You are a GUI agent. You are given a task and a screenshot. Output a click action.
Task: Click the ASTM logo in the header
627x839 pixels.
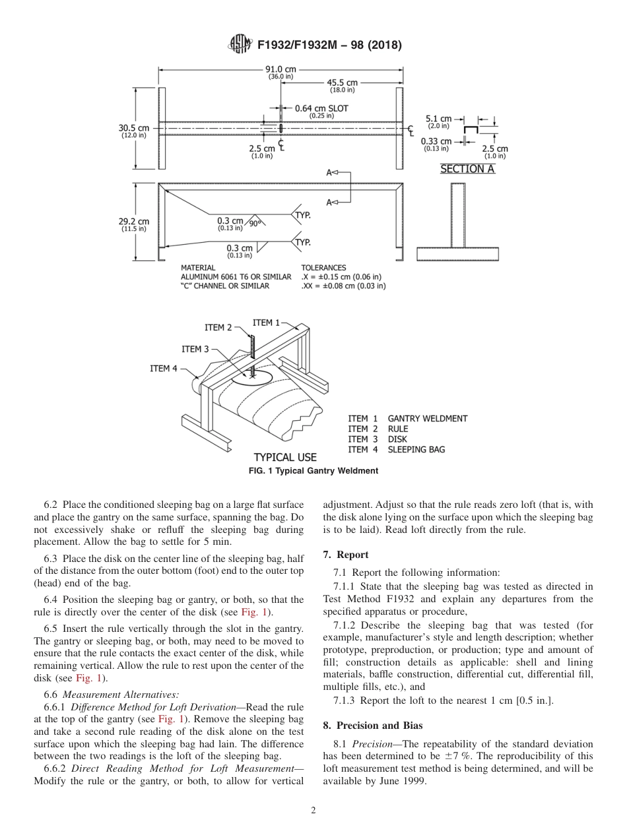point(240,44)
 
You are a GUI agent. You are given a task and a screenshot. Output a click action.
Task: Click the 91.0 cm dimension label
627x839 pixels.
point(280,69)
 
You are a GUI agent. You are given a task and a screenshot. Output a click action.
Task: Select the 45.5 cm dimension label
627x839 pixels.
point(342,82)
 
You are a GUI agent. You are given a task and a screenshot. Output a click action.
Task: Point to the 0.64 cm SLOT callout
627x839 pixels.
point(321,108)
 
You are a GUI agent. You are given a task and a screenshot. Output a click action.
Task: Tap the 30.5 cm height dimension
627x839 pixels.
point(133,128)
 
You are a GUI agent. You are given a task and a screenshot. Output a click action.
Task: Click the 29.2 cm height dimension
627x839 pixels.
point(133,222)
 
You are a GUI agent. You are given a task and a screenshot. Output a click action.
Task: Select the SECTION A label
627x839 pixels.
point(467,169)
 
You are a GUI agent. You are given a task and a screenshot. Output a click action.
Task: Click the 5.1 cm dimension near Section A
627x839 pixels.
point(438,119)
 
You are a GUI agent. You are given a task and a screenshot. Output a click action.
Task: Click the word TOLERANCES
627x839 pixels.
point(323,268)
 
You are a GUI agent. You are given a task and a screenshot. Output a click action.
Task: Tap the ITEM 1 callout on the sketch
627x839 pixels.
point(266,323)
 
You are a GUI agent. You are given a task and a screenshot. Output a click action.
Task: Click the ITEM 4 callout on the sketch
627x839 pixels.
point(164,369)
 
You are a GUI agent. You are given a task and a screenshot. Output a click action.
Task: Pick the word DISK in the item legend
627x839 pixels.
point(397,439)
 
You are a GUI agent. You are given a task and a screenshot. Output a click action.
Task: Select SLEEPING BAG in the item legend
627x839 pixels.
point(416,450)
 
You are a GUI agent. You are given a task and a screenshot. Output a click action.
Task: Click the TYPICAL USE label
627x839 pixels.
point(285,457)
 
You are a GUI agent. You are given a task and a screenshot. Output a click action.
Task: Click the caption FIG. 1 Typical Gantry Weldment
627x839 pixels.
point(313,471)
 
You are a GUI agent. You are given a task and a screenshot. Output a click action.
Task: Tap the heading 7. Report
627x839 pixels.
point(346,555)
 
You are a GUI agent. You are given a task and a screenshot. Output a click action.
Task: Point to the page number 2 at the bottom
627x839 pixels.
point(313,811)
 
